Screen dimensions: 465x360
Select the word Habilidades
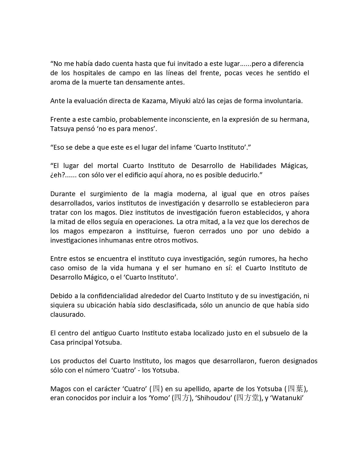pos(258,166)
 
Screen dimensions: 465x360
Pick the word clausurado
pos(67,315)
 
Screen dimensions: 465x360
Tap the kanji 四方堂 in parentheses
pos(248,398)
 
